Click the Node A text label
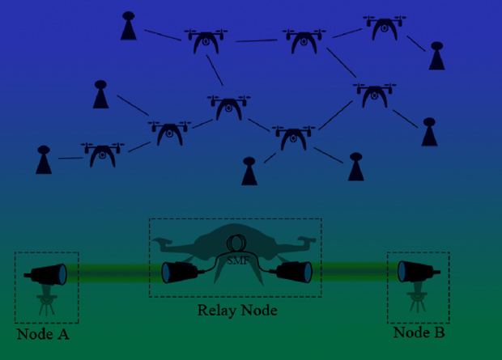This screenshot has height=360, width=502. click(x=43, y=334)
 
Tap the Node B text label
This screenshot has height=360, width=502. click(x=419, y=332)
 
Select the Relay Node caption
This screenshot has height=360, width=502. click(x=237, y=311)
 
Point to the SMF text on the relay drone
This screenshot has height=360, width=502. click(x=237, y=260)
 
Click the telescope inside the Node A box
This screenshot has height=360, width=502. click(x=45, y=274)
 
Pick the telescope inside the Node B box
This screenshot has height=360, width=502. click(x=419, y=272)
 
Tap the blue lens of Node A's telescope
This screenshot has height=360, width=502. click(x=62, y=274)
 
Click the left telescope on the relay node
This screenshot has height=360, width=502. click(x=181, y=273)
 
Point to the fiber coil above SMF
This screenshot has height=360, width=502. click(x=237, y=244)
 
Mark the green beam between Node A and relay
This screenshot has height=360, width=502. click(x=114, y=273)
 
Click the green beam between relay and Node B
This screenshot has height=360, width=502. click(x=355, y=272)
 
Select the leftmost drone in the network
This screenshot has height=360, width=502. click(x=103, y=155)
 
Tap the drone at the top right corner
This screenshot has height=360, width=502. click(x=385, y=28)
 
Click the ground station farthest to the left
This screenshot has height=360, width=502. click(x=44, y=159)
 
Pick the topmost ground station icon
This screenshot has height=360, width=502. click(x=129, y=26)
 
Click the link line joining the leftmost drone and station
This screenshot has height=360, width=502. click(x=70, y=158)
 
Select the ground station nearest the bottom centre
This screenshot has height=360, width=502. click(x=249, y=171)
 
